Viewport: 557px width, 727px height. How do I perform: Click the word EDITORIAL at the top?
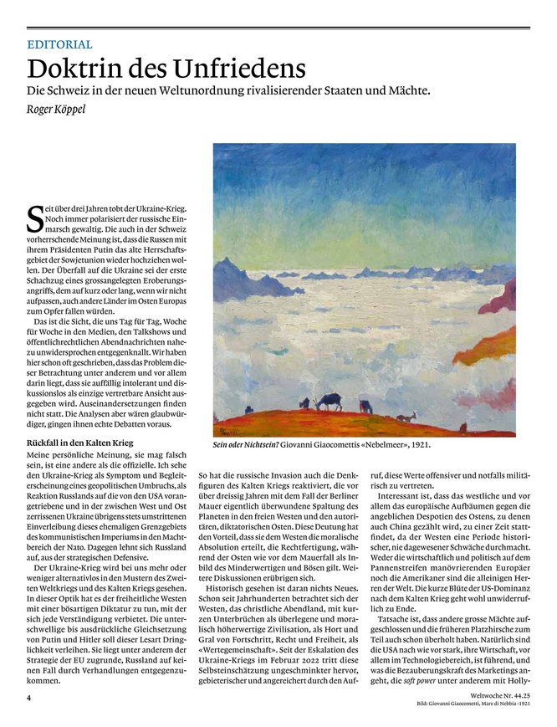click(x=59, y=45)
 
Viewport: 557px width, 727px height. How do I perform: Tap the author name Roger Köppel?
click(x=61, y=110)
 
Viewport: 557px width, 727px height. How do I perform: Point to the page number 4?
click(x=28, y=694)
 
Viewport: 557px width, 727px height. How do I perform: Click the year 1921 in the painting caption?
click(x=417, y=445)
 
